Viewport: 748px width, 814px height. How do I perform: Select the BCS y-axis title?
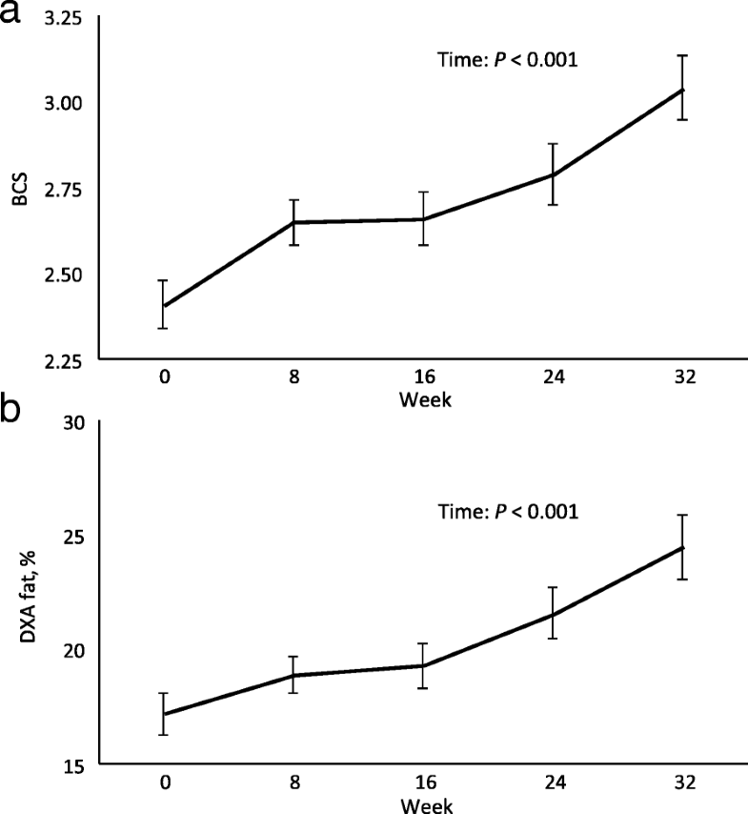tap(18, 188)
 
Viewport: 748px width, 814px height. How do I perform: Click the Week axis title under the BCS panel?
tap(425, 398)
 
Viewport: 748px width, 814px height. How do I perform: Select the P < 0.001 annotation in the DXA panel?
tap(507, 511)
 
